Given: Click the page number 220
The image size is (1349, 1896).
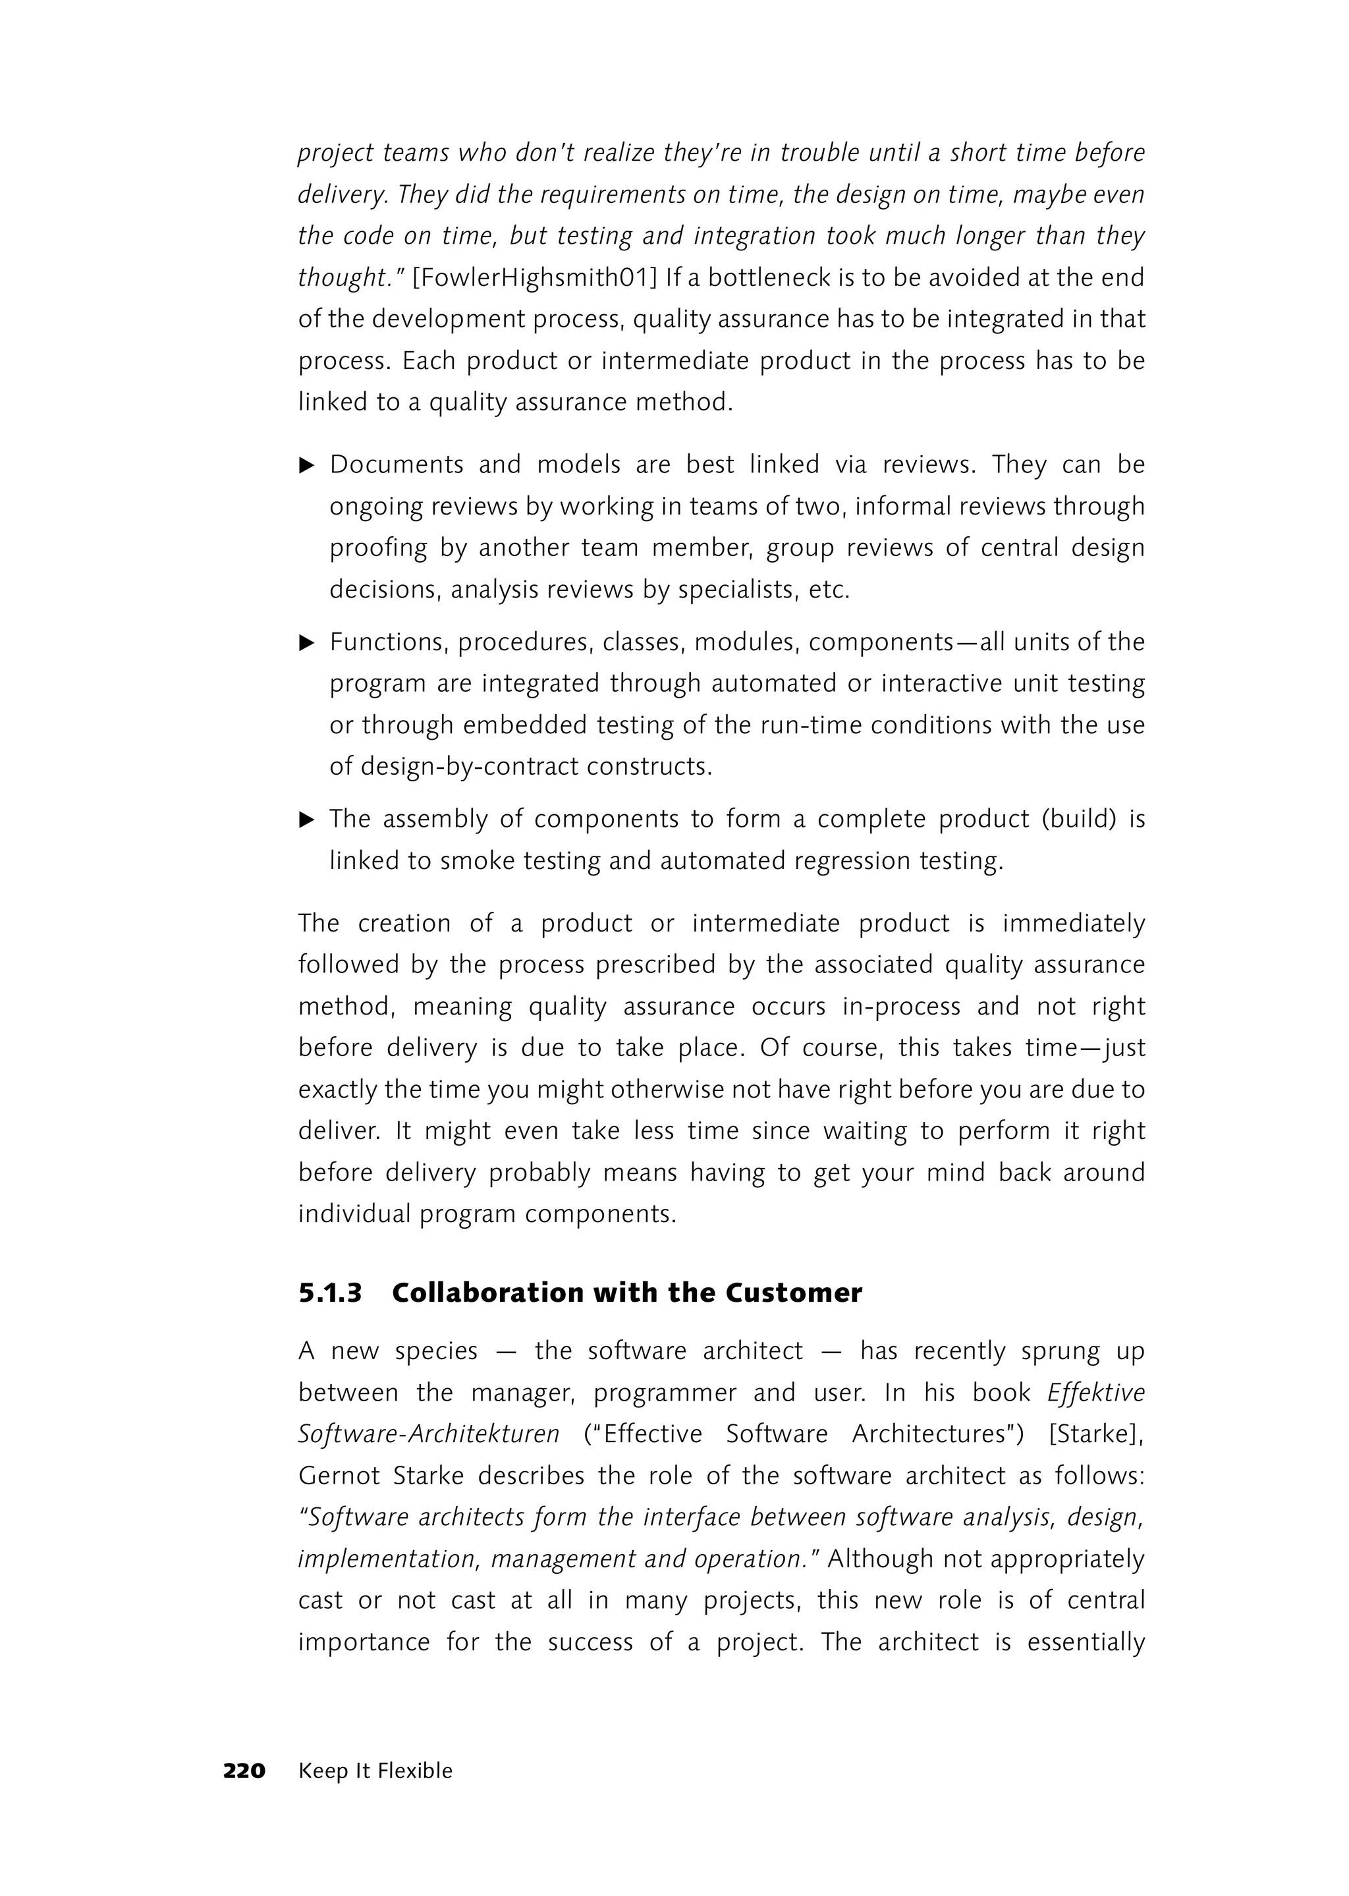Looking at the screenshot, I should [x=244, y=1771].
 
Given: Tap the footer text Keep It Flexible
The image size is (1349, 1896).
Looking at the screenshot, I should [x=375, y=1771].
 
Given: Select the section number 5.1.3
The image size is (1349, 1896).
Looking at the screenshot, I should [x=331, y=1293].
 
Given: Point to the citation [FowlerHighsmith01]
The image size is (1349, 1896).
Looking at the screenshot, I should [x=535, y=277].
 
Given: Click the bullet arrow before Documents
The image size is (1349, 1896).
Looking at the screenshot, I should [x=306, y=465].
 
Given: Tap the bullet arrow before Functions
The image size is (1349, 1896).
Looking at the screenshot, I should [x=306, y=642].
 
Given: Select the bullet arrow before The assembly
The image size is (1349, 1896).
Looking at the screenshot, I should [x=306, y=820].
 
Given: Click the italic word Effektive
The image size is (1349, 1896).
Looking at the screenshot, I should [x=1095, y=1393].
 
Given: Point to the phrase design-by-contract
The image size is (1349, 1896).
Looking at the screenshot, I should [x=470, y=766].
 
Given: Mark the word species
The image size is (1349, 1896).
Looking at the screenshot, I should [x=436, y=1351].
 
